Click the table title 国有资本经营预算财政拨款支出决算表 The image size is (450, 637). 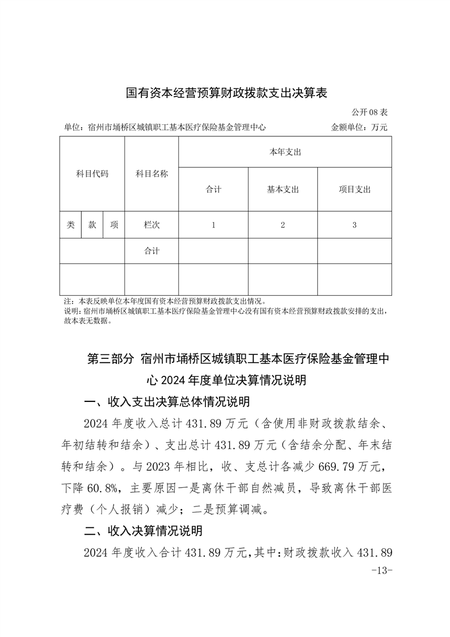click(x=226, y=93)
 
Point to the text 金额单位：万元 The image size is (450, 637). click(x=359, y=127)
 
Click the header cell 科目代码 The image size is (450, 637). click(x=92, y=174)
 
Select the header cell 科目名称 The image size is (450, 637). click(x=152, y=174)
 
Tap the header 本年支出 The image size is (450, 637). click(x=285, y=152)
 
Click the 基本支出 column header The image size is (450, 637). click(x=283, y=190)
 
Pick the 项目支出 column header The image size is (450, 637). click(x=354, y=190)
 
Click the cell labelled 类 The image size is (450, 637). click(x=70, y=225)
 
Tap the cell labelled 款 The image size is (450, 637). click(x=92, y=225)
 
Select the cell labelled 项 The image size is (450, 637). click(x=114, y=225)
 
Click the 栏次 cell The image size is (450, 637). click(x=152, y=225)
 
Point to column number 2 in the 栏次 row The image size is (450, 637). click(x=283, y=225)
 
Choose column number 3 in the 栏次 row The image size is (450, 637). click(x=354, y=225)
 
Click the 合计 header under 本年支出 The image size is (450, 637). click(x=213, y=190)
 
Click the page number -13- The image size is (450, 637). click(x=381, y=570)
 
